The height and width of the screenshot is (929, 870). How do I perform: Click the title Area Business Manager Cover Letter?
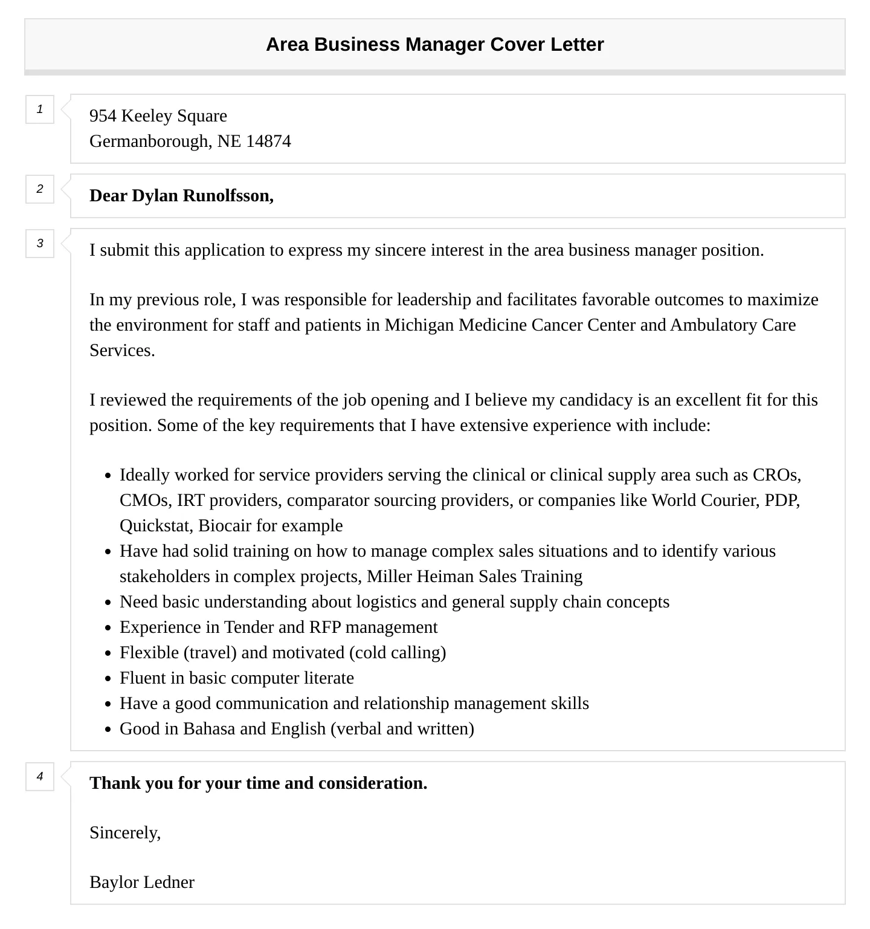pyautogui.click(x=434, y=45)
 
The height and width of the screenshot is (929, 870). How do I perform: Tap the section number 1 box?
pyautogui.click(x=40, y=109)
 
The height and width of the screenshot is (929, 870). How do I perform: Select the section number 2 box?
pyautogui.click(x=40, y=189)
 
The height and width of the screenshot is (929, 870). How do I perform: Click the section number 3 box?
pyautogui.click(x=40, y=244)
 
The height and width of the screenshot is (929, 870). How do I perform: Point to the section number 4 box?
pyautogui.click(x=40, y=777)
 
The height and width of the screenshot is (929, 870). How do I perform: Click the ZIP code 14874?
pyautogui.click(x=268, y=141)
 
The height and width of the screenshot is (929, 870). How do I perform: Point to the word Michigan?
pyautogui.click(x=419, y=325)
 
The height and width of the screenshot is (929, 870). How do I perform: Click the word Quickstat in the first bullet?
pyautogui.click(x=155, y=526)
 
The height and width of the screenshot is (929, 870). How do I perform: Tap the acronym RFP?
pyautogui.click(x=325, y=627)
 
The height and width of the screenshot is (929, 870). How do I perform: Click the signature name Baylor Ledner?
pyautogui.click(x=142, y=882)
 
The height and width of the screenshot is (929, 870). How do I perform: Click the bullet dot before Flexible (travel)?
pyautogui.click(x=108, y=653)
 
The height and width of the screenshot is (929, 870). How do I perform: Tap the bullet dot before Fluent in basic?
pyautogui.click(x=108, y=679)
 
